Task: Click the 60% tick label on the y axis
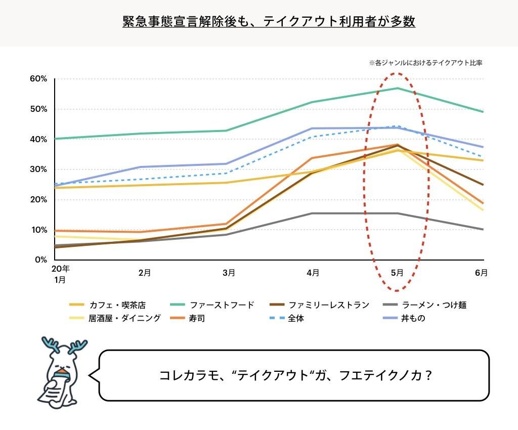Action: [38, 79]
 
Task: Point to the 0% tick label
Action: [40, 260]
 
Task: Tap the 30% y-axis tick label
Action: [38, 169]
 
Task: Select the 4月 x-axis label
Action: [313, 273]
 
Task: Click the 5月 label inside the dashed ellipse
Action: [397, 273]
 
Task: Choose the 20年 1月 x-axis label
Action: [60, 274]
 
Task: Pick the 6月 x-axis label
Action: [481, 273]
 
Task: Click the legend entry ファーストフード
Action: [222, 305]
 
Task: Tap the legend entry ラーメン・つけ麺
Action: [434, 305]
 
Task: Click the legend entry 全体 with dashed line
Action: [296, 319]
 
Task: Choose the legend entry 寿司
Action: [198, 319]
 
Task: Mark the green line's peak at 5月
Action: [398, 88]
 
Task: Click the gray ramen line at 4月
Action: [313, 213]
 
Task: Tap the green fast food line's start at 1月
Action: [56, 139]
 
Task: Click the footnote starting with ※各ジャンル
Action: [425, 63]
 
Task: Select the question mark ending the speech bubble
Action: [428, 376]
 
